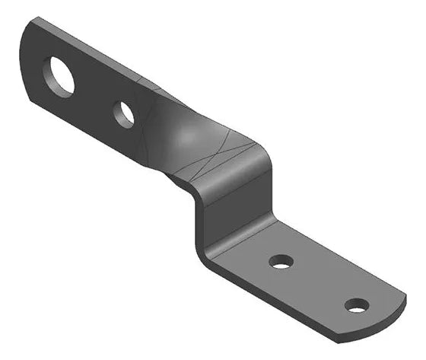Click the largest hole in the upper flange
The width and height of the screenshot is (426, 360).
click(x=59, y=76)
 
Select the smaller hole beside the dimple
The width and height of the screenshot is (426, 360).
click(x=124, y=113)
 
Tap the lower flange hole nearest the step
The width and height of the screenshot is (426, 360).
click(x=281, y=262)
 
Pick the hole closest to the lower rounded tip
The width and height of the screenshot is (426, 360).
click(x=356, y=305)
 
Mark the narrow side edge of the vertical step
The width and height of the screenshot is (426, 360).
click(x=196, y=221)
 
